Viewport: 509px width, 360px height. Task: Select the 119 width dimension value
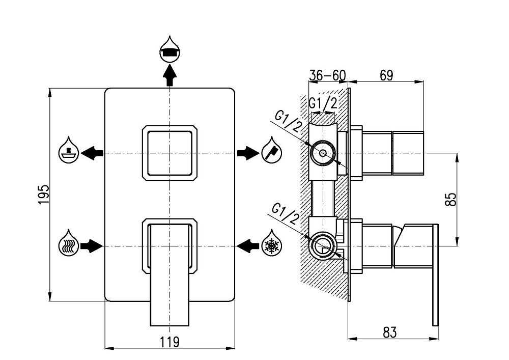pos(169,342)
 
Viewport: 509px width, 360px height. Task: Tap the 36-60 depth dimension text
pos(327,75)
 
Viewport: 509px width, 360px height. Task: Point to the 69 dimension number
pos(386,75)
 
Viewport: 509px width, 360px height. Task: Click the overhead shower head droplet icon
pos(169,49)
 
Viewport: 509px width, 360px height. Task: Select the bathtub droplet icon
pos(69,151)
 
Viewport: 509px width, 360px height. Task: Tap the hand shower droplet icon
pos(270,151)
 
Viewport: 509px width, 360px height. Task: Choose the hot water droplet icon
pos(69,246)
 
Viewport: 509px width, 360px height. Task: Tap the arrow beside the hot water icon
pos(92,246)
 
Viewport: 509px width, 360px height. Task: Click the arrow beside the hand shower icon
pos(247,152)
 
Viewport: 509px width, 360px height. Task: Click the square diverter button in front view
pos(168,152)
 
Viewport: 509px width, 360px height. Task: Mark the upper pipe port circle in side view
pos(322,153)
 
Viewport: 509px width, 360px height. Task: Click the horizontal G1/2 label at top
pos(323,103)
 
